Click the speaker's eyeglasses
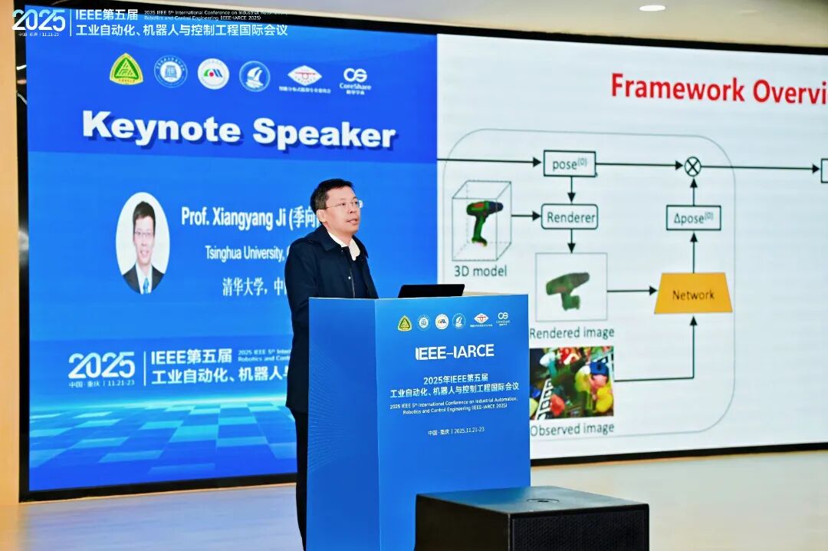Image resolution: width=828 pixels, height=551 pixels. point(342,205)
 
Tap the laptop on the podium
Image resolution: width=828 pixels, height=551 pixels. point(430,291)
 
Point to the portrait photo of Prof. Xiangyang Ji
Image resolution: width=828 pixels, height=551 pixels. point(143,243)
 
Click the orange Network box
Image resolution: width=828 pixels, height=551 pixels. point(692,294)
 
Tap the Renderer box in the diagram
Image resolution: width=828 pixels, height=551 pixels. point(570,216)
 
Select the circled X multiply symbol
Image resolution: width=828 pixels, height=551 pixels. point(692,167)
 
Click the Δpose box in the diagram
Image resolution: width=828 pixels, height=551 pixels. point(693,217)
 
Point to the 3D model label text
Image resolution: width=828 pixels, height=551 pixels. point(480,271)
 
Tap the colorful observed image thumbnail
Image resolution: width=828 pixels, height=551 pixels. point(571,382)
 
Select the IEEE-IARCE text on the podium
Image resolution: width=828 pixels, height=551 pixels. point(455,352)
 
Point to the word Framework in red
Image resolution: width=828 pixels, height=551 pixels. point(677,89)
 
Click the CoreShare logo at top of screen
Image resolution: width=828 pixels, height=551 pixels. point(355,79)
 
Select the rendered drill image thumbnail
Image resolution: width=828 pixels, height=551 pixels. point(570,287)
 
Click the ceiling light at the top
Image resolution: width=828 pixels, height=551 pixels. point(652,8)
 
